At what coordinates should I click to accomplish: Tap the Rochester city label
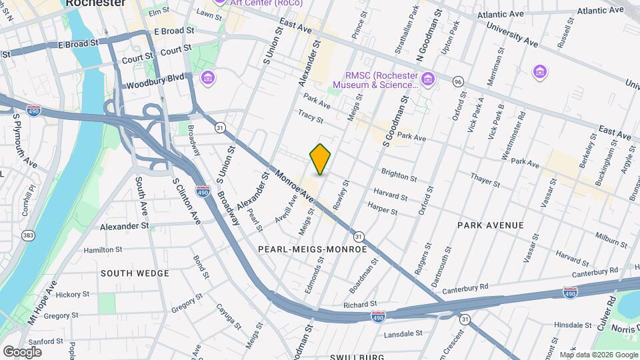95,3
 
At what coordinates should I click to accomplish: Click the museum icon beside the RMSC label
427,79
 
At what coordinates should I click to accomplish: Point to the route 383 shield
28,235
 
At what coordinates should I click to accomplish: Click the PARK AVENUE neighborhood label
490,225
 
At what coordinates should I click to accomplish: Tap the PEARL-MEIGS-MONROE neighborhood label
312,249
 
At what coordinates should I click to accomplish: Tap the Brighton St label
399,175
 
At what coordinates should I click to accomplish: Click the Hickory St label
73,294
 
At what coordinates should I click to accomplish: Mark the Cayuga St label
227,317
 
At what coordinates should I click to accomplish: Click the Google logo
22,351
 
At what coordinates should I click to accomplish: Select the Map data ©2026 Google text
598,355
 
